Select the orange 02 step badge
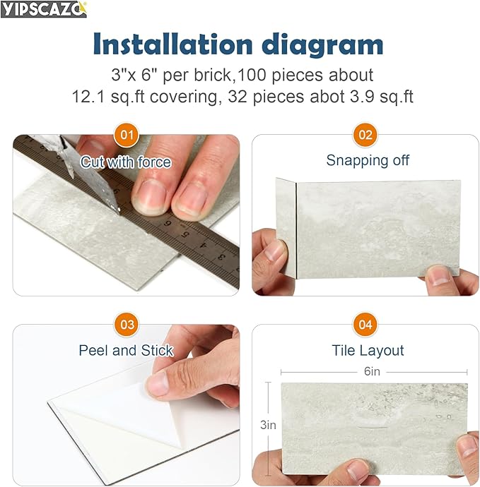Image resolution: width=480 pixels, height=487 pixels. (365, 134)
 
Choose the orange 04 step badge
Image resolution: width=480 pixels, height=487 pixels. (365, 325)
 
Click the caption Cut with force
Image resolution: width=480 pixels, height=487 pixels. (126, 162)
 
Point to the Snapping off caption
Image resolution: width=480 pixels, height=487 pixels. (368, 160)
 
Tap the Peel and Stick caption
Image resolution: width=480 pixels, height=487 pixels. (126, 350)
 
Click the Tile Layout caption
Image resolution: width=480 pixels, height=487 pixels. (368, 350)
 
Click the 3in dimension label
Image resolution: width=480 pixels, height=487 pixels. (268, 425)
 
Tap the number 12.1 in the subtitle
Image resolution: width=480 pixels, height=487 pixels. (90, 96)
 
